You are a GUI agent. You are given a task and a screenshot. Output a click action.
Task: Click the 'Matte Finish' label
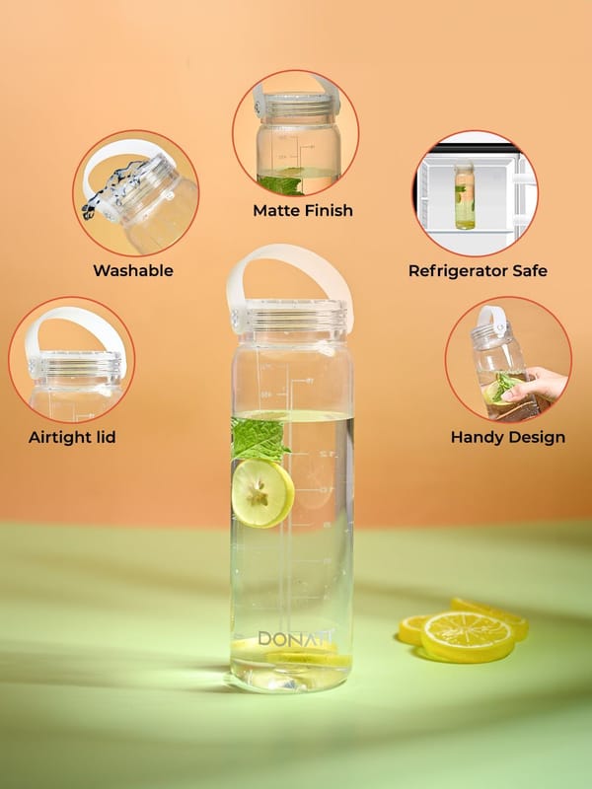(303, 210)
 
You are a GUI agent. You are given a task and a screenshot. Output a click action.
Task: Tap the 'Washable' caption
(133, 270)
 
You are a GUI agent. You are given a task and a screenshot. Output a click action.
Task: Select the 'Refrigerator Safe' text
(478, 270)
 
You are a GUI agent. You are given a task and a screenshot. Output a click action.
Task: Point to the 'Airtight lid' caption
(72, 437)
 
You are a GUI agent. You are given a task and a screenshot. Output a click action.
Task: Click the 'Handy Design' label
(508, 437)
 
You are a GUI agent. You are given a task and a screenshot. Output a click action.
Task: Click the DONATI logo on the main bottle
(295, 638)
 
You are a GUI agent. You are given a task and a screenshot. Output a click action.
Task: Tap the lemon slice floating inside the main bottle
(262, 493)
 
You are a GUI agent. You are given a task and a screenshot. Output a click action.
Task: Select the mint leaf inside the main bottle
(259, 438)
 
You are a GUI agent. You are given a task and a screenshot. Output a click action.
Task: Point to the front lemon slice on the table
(468, 636)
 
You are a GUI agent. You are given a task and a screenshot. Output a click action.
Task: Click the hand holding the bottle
(535, 385)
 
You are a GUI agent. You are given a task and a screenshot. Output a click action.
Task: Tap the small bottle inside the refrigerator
(465, 196)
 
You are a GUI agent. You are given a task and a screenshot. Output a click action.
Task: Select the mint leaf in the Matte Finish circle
(283, 184)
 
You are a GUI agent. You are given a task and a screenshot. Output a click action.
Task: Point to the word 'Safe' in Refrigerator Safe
(530, 270)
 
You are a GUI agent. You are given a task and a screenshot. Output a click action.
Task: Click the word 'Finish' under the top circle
(328, 210)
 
